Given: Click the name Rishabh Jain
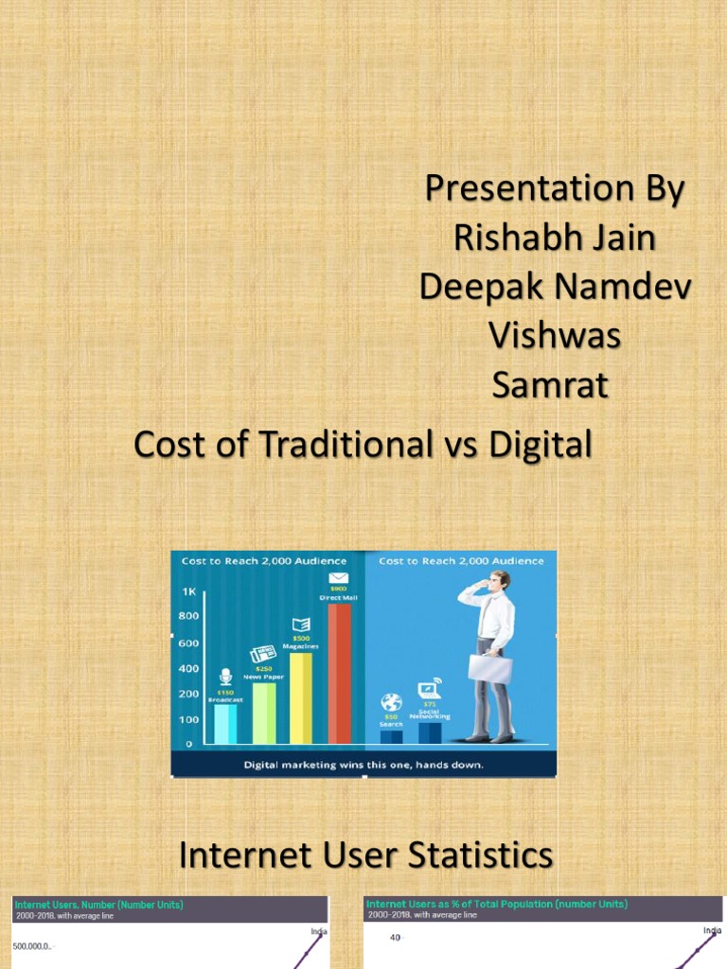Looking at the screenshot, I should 554,238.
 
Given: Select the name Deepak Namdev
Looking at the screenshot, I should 555,287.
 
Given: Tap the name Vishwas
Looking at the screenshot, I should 554,336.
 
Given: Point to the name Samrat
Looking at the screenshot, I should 550,385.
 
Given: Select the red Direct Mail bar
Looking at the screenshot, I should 339,673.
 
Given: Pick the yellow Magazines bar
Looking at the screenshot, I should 301,697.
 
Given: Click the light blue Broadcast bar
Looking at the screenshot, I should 225,723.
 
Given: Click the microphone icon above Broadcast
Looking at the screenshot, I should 225,677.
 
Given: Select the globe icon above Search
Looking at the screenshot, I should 392,703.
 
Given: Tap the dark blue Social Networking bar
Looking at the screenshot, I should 430,732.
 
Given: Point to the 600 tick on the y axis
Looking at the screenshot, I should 189,643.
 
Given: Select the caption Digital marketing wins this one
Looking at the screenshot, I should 363,764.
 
